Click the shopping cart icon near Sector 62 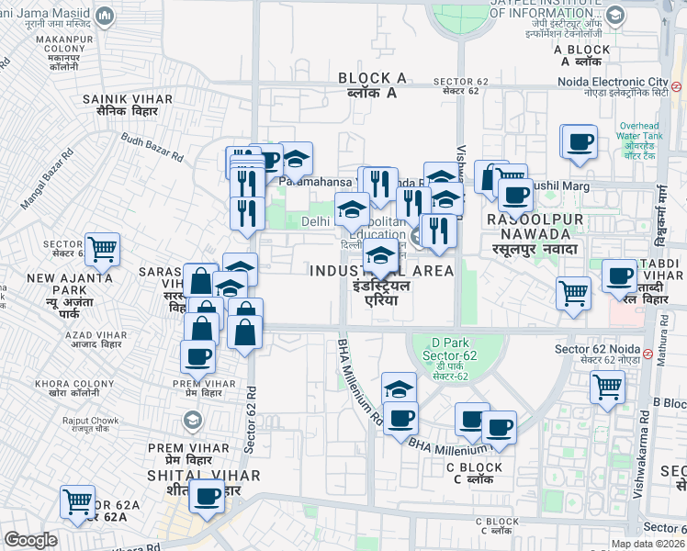[x=102, y=247]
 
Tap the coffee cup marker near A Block [x=579, y=141]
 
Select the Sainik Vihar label [x=119, y=103]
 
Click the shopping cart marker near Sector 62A [x=77, y=500]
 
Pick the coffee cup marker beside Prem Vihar [x=197, y=354]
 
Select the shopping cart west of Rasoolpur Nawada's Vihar [x=573, y=293]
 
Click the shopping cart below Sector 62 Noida [x=607, y=388]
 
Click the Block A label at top [x=371, y=85]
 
